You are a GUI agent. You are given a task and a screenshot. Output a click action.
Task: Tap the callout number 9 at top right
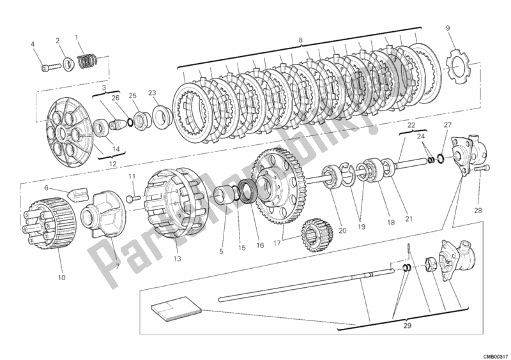[x=447, y=27]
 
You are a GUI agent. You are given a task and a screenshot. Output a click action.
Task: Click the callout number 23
[x=152, y=92]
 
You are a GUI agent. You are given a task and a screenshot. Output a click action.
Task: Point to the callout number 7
[x=116, y=266]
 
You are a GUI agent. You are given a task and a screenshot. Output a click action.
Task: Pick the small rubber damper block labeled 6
[x=76, y=192]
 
